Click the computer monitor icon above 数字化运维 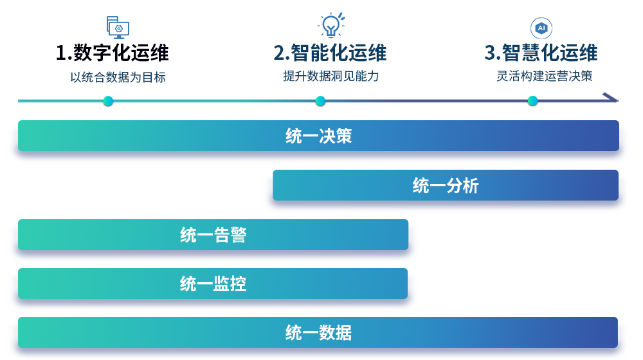coord(118,28)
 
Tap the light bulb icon coord(331,26)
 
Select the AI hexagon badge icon coord(541,28)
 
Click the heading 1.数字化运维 coord(112,53)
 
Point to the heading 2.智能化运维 coord(330,53)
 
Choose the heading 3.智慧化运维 coord(541,53)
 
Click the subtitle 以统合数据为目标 coord(118,77)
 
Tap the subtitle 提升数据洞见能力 coord(331,76)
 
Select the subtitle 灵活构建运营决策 coord(544,76)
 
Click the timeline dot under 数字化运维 coord(108,101)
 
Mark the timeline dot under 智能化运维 coord(321,101)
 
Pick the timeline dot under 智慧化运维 coord(532,101)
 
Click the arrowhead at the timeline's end coord(611,98)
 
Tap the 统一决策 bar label coord(319,136)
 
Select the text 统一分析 coord(446,186)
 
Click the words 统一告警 coord(213,235)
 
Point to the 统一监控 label coord(213,283)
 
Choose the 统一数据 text coord(319,332)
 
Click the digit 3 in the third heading coord(490,53)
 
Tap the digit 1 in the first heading coord(61,53)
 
